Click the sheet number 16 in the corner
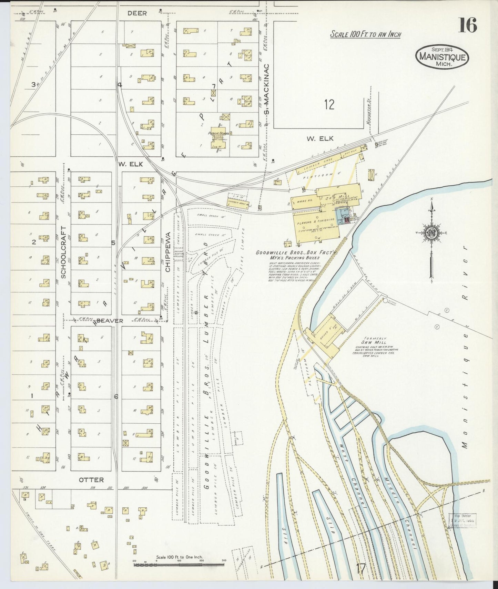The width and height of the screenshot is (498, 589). [x=467, y=25]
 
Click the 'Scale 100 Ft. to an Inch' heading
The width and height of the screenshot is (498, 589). [x=365, y=34]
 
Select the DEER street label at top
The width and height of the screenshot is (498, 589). [x=137, y=13]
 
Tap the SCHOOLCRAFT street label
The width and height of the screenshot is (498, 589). [x=63, y=252]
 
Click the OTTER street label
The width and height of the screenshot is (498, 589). [x=91, y=479]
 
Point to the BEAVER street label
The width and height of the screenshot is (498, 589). [x=110, y=321]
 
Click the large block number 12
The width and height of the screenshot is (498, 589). [x=329, y=104]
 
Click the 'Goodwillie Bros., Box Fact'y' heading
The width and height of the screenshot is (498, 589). [x=295, y=252]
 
